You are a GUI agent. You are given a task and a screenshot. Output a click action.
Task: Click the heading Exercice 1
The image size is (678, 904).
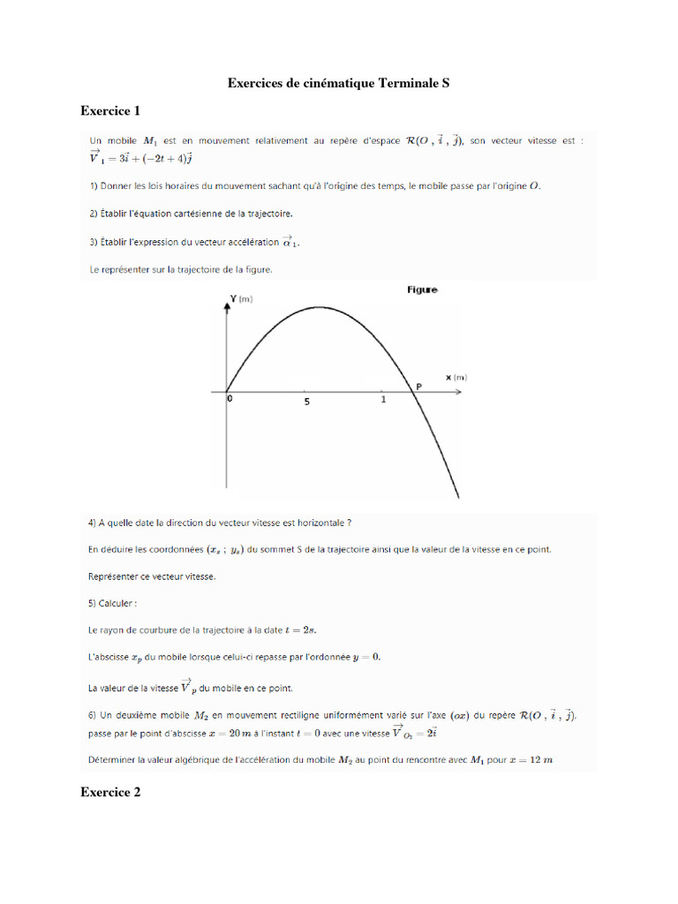coord(110,110)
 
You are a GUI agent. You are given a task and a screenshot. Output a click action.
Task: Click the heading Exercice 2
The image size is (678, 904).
coord(110,793)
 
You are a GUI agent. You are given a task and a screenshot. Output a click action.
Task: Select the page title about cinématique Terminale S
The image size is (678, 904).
coord(339,83)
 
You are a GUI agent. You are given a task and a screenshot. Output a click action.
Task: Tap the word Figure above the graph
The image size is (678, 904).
coord(422,289)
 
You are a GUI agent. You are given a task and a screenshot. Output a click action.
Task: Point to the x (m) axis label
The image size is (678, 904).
coord(456,377)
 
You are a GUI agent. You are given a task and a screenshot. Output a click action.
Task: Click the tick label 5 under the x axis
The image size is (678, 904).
coord(306,402)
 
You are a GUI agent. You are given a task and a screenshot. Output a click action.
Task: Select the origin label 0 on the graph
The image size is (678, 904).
coord(229,399)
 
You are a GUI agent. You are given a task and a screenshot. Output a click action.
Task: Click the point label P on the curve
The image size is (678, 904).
coord(419,385)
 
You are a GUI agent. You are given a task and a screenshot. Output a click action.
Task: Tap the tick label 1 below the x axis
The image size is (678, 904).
coord(383,400)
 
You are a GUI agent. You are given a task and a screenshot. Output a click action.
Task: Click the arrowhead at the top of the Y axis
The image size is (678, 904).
coord(227,302)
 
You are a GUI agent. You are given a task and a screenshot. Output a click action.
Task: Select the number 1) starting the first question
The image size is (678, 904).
coord(93,186)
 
